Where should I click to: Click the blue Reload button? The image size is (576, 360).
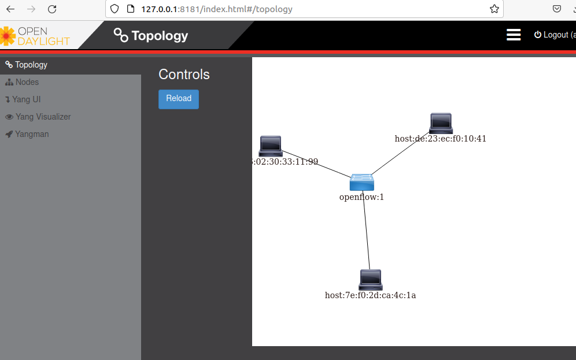179,99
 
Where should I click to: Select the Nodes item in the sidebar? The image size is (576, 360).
27,82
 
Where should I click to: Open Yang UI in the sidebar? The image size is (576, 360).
26,99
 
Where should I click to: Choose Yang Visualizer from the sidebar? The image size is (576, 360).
43,117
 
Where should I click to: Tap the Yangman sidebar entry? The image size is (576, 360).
32,134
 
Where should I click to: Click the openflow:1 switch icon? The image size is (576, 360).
362,182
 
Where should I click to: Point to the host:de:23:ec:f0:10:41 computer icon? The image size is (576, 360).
441,123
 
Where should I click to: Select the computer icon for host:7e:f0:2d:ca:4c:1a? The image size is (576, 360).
370,280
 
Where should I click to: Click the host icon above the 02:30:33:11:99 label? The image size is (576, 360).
271,146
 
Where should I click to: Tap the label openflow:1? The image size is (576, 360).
361,197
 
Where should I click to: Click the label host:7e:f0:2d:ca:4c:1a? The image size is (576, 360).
370,295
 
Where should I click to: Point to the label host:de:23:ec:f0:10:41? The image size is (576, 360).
441,139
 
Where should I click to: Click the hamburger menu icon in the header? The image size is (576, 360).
514,35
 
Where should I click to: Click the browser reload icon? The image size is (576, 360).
52,9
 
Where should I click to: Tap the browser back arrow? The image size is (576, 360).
10,9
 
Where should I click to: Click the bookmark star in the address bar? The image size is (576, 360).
494,9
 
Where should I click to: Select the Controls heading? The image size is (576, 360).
184,75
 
